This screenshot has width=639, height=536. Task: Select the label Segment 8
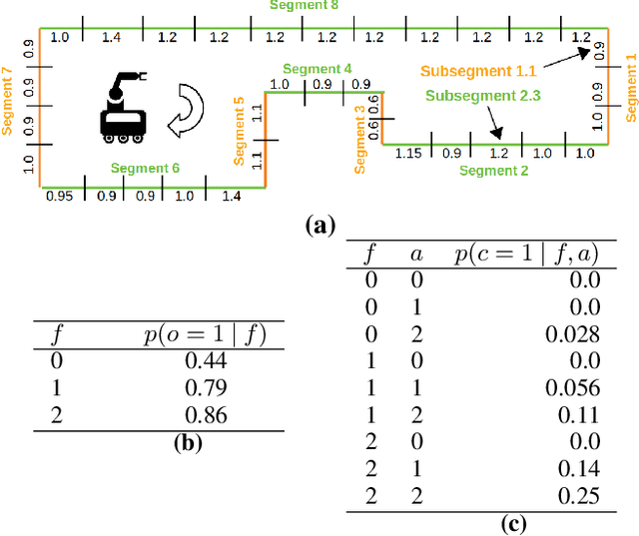point(304,6)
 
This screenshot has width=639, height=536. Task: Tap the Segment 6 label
point(146,168)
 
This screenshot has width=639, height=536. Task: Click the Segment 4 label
point(318,69)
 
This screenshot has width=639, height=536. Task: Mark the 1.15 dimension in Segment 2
point(408,154)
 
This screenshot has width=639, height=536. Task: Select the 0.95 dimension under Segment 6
point(60,197)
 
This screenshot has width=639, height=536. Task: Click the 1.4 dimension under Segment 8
point(111,37)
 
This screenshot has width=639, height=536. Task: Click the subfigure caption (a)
point(319,227)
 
